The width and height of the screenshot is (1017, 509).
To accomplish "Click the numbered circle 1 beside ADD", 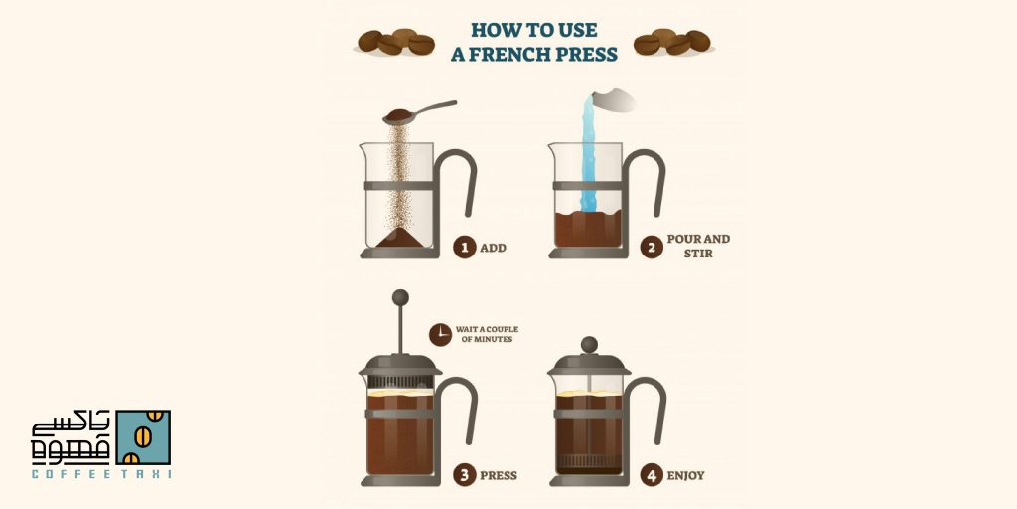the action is (x=465, y=248).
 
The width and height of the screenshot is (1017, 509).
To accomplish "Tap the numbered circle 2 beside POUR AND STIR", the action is (x=652, y=248).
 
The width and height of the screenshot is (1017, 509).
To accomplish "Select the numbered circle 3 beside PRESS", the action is (x=465, y=475).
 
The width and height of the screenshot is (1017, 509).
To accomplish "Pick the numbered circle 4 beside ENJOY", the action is (x=652, y=475).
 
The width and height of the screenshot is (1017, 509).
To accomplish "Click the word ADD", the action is (x=493, y=248).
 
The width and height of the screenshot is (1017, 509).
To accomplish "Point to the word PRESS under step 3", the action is (x=499, y=476).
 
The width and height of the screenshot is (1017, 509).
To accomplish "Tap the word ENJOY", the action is (x=685, y=476).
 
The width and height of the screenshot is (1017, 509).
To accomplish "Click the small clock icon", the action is (x=440, y=334).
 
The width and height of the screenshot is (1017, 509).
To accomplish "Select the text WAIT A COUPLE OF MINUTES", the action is (x=487, y=334).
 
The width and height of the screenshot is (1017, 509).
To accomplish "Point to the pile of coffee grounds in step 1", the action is (x=399, y=238).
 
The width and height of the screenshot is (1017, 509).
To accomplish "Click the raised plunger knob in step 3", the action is (x=401, y=297).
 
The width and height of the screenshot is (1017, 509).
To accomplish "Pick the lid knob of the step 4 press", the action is (x=589, y=345).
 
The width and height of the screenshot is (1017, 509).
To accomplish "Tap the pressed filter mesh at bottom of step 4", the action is (x=589, y=461).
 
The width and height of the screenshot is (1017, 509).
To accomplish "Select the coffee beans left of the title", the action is (x=395, y=42).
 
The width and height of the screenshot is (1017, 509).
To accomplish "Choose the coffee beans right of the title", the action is (x=672, y=42).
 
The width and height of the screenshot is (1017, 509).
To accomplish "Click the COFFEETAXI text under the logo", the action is (x=101, y=474).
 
